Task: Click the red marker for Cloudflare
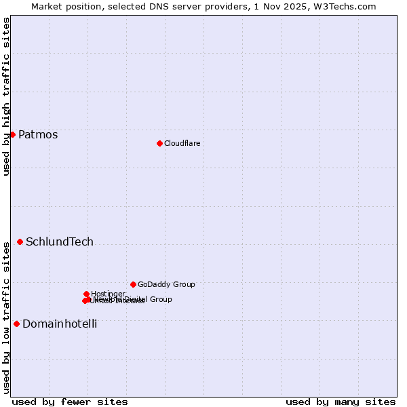159,143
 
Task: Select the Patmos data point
12,134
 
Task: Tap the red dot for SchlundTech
20,241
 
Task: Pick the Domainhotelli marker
16,324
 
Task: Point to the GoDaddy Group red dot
133,284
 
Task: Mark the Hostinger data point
86,294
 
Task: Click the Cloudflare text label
182,143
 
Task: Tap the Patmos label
38,134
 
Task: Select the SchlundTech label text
60,241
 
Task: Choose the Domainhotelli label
60,324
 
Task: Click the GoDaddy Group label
166,284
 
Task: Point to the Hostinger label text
108,294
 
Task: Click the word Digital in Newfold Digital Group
136,299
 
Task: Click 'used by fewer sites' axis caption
70,402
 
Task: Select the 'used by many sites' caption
341,402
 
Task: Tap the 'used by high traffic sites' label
6,96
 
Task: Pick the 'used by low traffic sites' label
6,317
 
